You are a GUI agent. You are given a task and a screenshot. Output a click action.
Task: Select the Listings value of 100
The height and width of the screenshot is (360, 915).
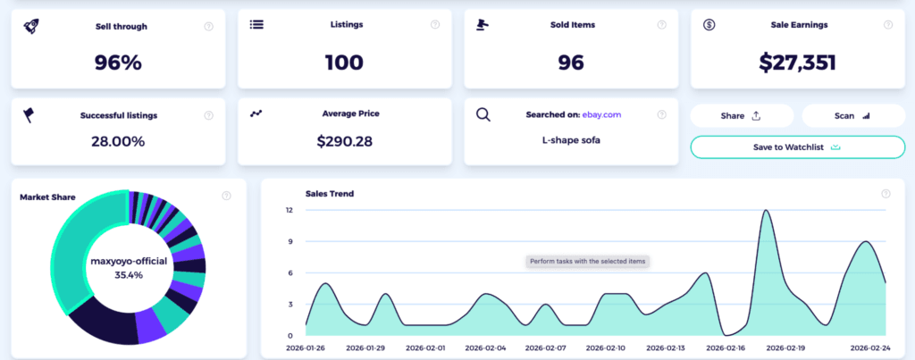344,63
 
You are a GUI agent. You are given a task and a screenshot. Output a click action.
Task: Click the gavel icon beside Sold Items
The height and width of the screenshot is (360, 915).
484,25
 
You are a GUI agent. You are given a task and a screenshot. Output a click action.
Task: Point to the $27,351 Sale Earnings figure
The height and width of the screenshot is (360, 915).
799,63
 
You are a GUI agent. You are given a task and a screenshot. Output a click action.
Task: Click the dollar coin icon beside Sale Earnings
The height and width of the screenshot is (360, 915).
709,25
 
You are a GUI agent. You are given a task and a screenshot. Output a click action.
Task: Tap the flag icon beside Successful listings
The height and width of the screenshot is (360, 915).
29,114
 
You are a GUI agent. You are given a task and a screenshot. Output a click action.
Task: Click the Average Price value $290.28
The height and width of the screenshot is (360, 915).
344,141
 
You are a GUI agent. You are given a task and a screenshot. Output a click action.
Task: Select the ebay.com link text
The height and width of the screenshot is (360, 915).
603,115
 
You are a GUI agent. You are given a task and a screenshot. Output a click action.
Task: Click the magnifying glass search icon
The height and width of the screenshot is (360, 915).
483,114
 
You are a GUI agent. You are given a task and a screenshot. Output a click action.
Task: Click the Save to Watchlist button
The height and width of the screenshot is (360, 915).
797,147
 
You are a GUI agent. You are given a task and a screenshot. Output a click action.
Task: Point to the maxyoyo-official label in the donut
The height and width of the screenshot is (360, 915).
129,261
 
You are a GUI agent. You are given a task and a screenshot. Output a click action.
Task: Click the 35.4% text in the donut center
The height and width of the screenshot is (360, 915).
129,275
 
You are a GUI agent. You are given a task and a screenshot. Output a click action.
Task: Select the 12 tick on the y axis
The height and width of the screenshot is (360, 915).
290,210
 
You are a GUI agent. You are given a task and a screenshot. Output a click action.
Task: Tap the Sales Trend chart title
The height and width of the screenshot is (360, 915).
330,193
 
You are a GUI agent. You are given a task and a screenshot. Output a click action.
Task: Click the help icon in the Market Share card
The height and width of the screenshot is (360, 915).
226,194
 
